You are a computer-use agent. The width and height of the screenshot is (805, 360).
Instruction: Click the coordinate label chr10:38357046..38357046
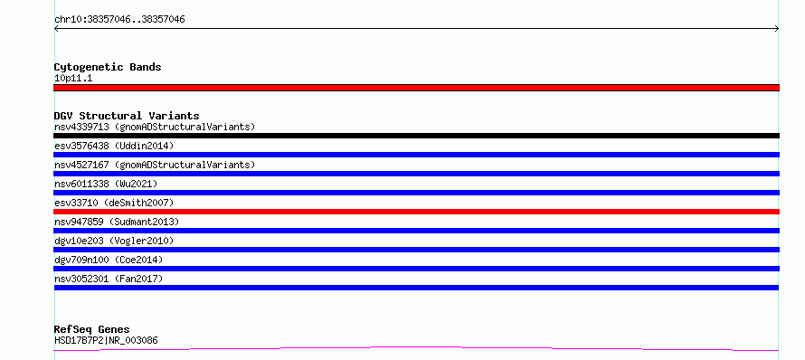pos(119,20)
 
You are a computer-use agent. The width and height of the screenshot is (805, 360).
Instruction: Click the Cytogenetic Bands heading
pos(108,67)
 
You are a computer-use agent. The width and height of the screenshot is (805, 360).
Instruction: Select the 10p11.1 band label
pos(73,79)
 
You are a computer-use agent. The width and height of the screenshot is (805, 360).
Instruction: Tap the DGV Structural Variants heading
pos(127,116)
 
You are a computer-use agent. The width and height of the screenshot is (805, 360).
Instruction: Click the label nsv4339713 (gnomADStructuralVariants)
pos(155,127)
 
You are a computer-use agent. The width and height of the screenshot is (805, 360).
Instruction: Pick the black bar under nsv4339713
pos(416,136)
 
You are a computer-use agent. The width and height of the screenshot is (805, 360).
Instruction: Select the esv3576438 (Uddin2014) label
pos(114,146)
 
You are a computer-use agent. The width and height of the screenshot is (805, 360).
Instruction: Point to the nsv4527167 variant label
pos(155,165)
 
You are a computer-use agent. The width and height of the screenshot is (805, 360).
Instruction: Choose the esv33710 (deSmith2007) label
pos(114,203)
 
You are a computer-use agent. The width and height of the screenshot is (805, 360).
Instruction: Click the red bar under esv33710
pos(416,212)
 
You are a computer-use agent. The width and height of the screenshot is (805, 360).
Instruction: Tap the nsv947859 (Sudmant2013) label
pos(117,222)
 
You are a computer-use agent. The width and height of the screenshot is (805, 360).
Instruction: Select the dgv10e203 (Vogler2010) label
pos(114,241)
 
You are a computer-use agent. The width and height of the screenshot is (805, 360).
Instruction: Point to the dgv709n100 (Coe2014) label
pos(109,260)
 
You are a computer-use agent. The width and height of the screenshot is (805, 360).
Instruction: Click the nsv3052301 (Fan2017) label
pos(109,279)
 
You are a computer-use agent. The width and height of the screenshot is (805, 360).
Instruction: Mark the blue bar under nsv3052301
pos(416,288)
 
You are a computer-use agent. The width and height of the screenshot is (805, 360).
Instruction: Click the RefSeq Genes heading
pos(91,330)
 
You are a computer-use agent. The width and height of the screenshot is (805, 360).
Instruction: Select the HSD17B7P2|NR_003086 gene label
pos(106,340)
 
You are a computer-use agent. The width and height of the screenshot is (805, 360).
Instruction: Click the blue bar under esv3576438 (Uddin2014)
pos(416,155)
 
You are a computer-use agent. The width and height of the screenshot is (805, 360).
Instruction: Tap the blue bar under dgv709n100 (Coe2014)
pos(416,269)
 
